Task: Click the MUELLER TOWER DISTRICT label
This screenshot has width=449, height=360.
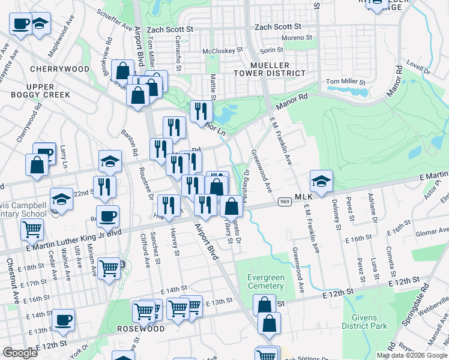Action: (270, 69)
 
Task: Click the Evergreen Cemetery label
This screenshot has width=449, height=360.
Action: (266, 281)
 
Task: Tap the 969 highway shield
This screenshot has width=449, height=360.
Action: (285, 202)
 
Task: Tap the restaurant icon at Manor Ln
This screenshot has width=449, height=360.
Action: (201, 111)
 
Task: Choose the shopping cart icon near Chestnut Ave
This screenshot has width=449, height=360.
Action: (32, 229)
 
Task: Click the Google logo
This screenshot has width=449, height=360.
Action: (20, 353)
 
